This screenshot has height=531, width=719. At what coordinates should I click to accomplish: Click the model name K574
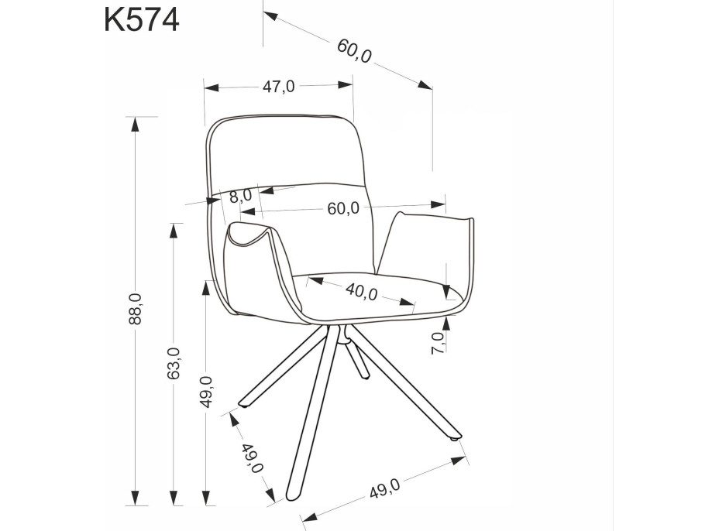(x=142, y=19)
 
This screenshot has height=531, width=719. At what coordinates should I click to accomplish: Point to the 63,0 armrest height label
(x=174, y=362)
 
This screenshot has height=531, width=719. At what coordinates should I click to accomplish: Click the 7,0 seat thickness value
(x=438, y=341)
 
